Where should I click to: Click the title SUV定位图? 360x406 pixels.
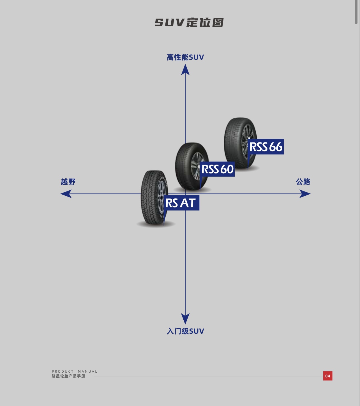point(189,22)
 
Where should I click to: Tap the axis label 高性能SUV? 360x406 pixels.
point(185,57)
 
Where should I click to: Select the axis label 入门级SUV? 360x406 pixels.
point(185,331)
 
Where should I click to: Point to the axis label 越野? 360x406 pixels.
point(68,182)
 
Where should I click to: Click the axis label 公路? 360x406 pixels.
point(303,182)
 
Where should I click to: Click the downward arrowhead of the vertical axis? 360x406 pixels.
point(185,319)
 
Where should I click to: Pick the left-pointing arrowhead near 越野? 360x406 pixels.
point(66,194)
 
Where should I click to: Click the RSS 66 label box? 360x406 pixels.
point(266,147)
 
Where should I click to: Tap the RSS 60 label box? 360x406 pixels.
point(218,169)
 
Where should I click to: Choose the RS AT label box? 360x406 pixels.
point(181,203)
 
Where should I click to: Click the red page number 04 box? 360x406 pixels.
point(327,376)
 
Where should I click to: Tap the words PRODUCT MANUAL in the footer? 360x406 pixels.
point(74,372)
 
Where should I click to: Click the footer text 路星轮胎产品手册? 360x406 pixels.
point(68,376)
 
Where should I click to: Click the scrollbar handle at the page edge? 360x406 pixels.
point(357,11)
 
